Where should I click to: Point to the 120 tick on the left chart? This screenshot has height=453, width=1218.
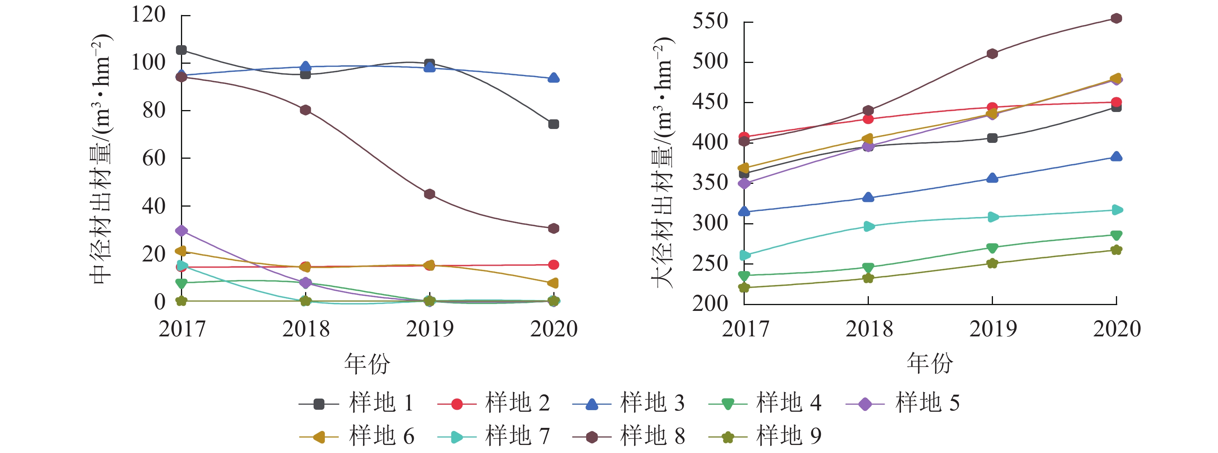click(148, 14)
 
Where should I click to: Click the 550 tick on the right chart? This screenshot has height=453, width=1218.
click(710, 21)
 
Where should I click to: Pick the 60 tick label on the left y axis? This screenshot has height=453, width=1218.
click(154, 158)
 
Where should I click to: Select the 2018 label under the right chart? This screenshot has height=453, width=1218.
click(869, 329)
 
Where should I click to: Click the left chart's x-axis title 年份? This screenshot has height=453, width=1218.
click(367, 364)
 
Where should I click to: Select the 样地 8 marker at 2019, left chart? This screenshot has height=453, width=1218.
click(429, 194)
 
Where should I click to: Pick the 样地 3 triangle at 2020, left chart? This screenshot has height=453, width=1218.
click(553, 78)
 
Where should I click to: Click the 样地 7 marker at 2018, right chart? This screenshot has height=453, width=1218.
click(868, 226)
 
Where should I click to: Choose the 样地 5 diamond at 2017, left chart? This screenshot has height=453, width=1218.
click(181, 231)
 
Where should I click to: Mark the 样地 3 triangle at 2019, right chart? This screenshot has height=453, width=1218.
click(992, 178)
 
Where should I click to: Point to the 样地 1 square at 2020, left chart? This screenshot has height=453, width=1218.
click(553, 124)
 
